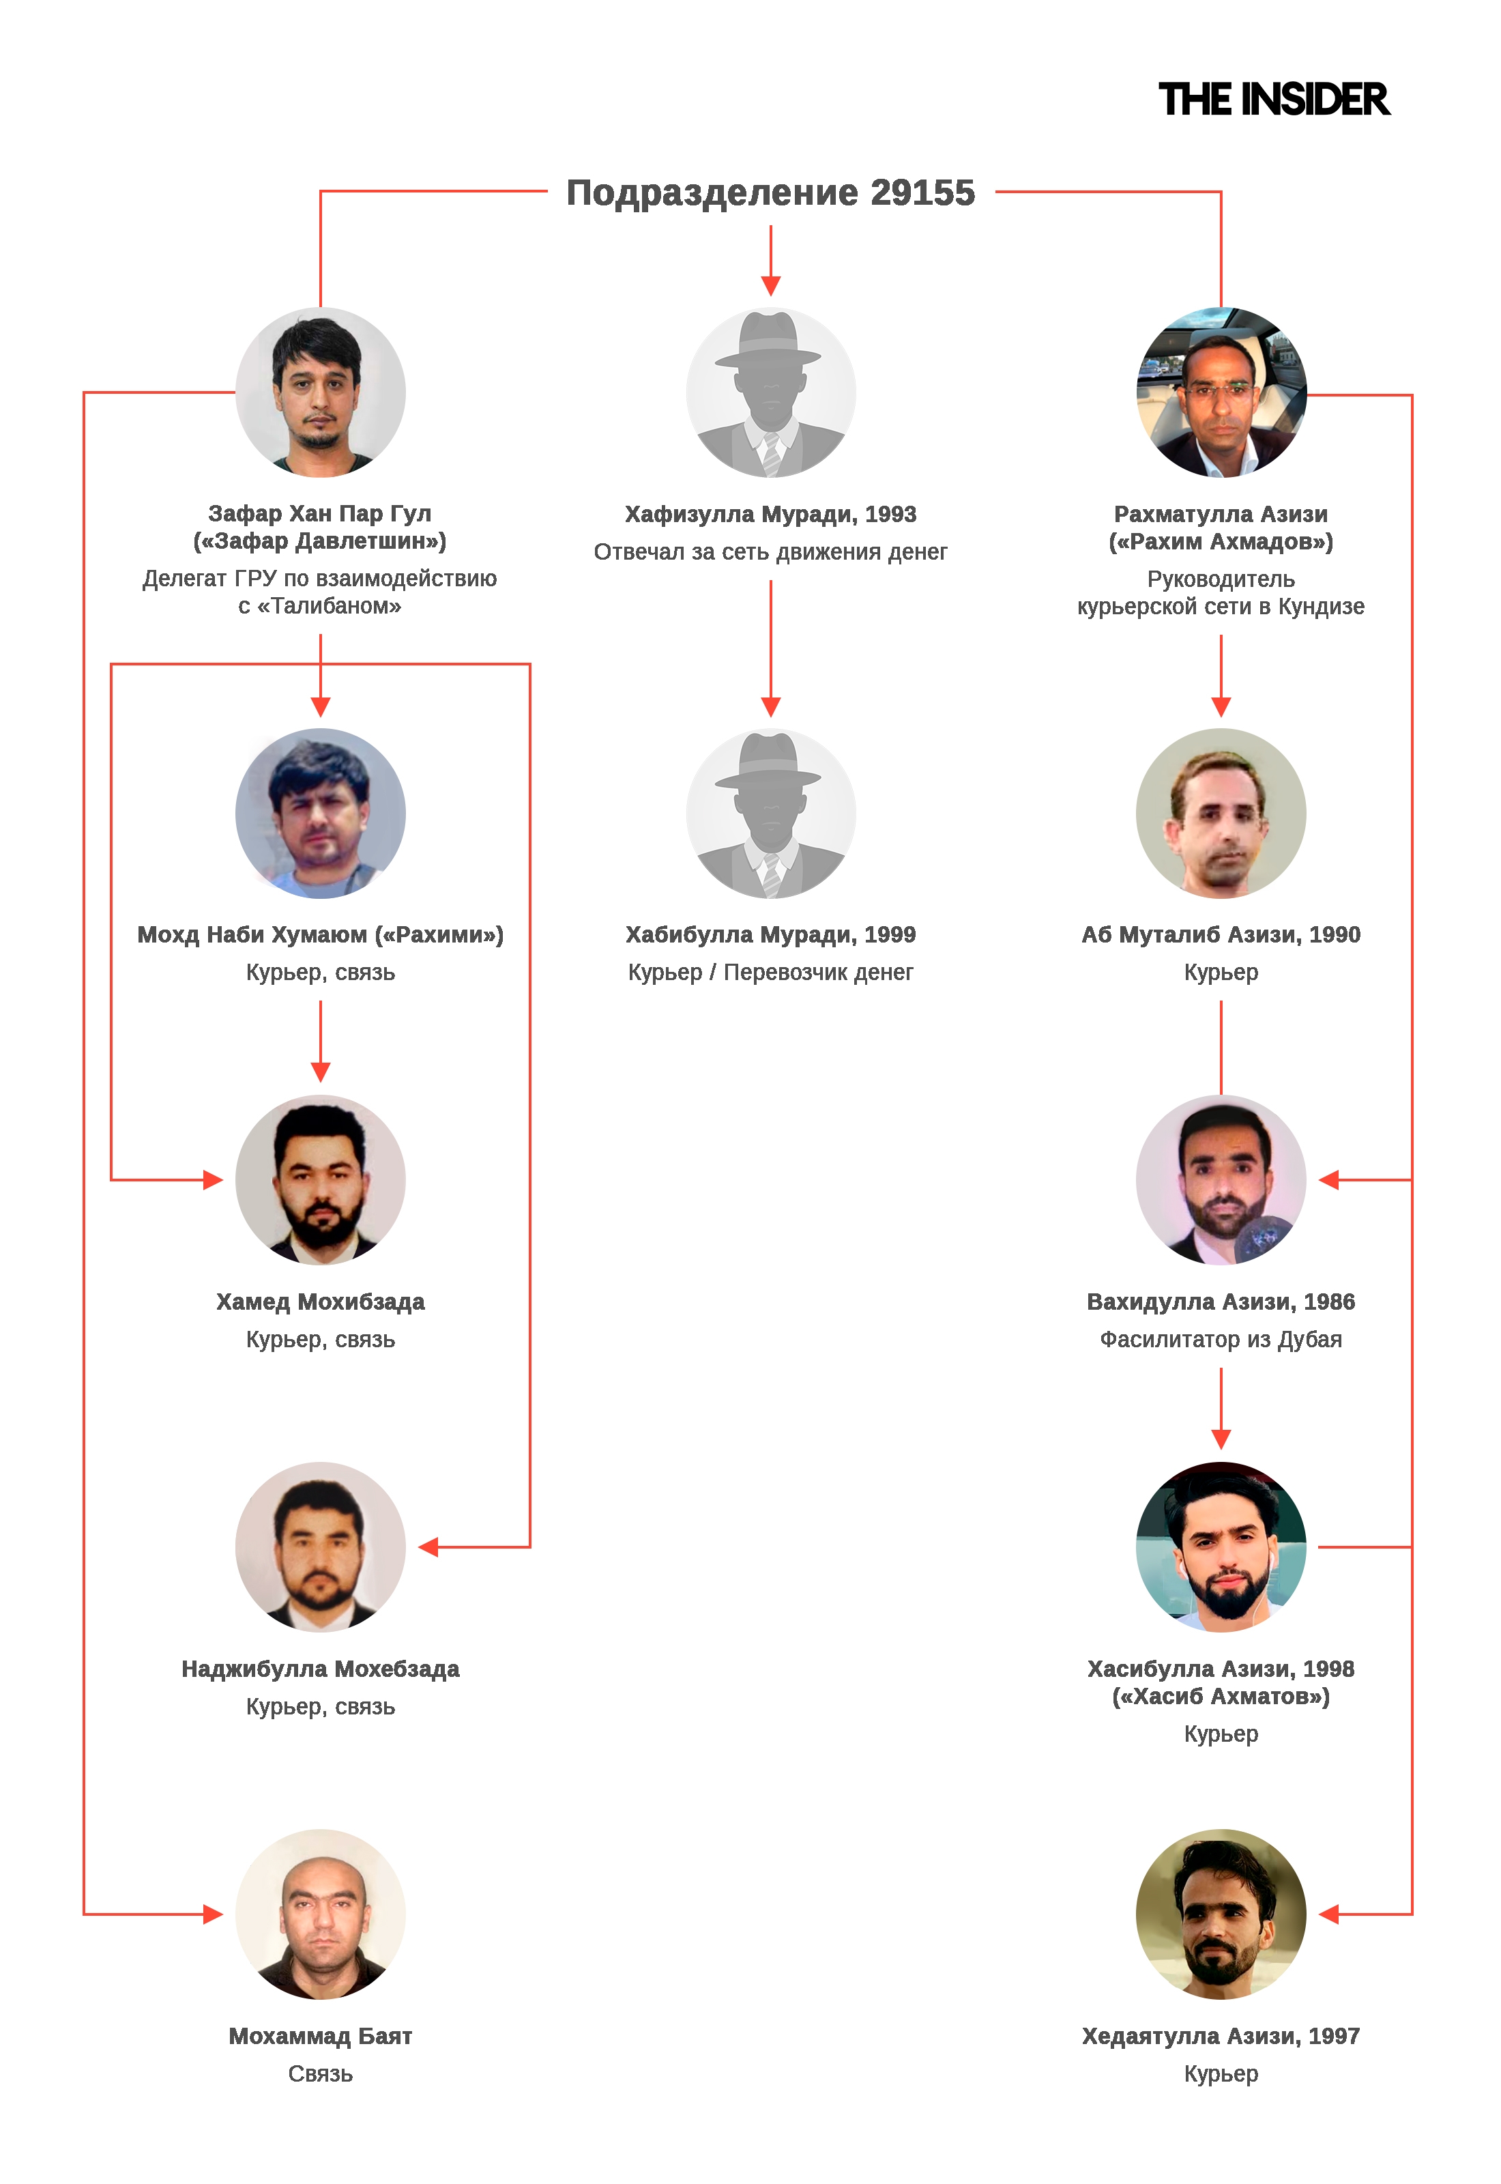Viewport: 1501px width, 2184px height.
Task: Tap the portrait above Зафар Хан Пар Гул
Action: (x=320, y=392)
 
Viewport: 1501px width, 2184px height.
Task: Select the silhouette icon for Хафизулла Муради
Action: (x=770, y=392)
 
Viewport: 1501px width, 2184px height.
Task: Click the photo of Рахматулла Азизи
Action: (x=1220, y=392)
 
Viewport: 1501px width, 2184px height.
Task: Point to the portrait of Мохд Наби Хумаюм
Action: (x=320, y=813)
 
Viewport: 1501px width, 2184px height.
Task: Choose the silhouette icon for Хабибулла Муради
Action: (x=770, y=813)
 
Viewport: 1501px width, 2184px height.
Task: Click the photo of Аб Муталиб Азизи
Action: (x=1220, y=813)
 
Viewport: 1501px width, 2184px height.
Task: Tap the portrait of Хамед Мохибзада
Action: (x=320, y=1179)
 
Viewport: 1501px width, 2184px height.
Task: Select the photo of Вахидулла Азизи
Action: (x=1220, y=1179)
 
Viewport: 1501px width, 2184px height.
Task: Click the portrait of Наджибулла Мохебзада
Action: (x=320, y=1547)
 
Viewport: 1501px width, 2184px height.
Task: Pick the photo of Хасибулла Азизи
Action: (x=1220, y=1547)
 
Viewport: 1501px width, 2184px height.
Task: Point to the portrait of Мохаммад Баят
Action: (x=320, y=1913)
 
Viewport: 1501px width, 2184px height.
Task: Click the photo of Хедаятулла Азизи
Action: (x=1220, y=1913)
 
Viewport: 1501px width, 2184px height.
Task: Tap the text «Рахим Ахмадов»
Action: (x=1221, y=542)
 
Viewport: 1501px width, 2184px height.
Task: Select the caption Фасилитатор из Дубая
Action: (x=1220, y=1338)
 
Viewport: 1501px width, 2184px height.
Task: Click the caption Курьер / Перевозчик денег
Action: (x=770, y=972)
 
